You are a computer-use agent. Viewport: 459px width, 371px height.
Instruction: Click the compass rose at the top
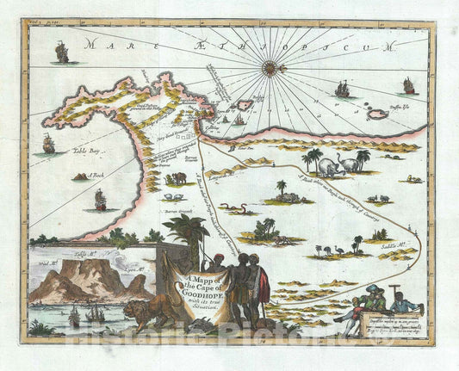point(270,65)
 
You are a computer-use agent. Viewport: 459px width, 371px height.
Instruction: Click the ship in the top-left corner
point(61,53)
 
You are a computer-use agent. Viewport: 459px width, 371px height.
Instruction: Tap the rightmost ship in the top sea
point(408,85)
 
